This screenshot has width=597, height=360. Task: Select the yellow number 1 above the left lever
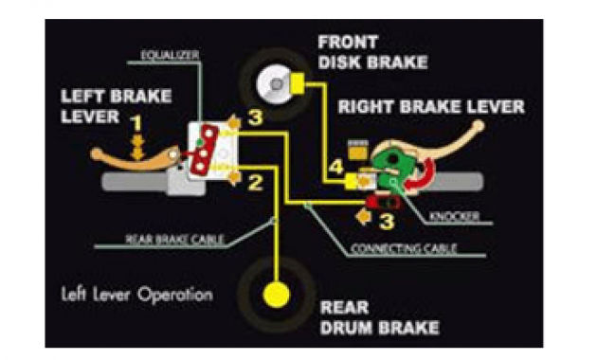tap(136, 123)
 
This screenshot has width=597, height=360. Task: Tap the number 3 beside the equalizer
tap(254, 118)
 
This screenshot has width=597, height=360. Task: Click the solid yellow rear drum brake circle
tap(278, 292)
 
